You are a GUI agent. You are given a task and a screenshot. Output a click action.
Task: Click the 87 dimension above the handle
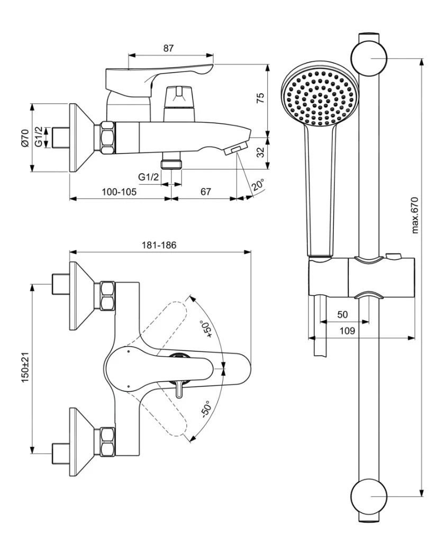(168, 48)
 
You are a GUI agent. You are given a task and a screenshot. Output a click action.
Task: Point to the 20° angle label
(258, 185)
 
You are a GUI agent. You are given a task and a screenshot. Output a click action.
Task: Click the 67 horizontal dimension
(205, 192)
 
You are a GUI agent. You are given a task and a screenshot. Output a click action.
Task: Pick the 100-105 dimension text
(119, 192)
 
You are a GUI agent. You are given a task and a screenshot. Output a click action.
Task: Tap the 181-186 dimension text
(159, 245)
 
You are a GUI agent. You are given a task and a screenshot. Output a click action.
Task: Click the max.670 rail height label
(415, 214)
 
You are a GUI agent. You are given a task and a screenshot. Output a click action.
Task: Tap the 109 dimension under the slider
(347, 331)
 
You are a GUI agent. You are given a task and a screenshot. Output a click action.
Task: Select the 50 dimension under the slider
(342, 314)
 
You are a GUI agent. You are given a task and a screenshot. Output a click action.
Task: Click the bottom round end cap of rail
(369, 496)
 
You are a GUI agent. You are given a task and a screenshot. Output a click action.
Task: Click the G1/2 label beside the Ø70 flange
(39, 137)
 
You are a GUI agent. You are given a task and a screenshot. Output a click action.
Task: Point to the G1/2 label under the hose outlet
(148, 177)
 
